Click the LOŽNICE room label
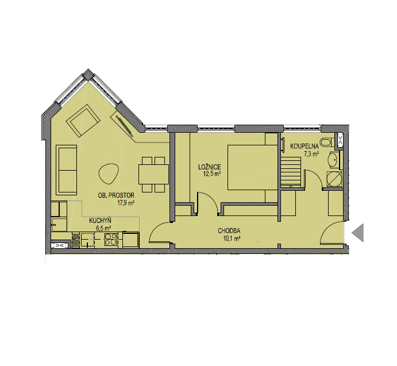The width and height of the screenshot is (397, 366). [x=209, y=167]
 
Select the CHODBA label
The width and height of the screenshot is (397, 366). [x=229, y=231]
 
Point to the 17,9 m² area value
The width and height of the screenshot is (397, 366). [x=126, y=203]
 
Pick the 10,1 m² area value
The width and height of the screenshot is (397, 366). [x=232, y=238]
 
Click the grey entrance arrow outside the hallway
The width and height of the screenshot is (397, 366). [x=358, y=233]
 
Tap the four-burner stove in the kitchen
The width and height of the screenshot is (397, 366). [x=111, y=239]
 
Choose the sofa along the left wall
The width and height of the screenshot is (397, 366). [x=66, y=170]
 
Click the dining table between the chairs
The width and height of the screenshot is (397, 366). [x=153, y=174]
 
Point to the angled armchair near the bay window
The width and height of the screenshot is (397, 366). [x=82, y=121]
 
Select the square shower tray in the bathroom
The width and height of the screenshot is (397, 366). [x=334, y=179]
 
